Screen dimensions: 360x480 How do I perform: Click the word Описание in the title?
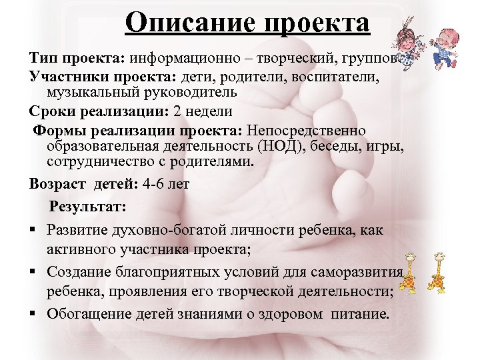[x=187, y=23]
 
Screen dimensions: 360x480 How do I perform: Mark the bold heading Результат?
[x=87, y=207]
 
